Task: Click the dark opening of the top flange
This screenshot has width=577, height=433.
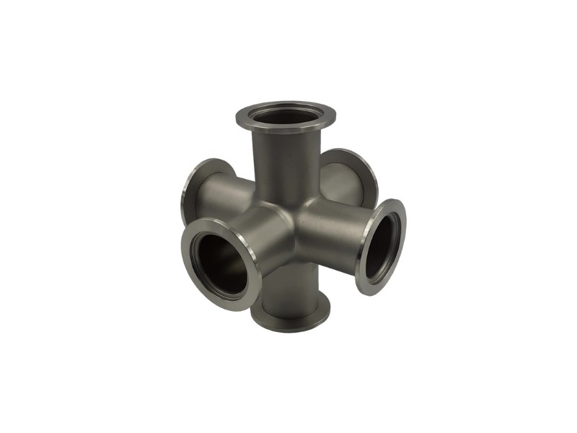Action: [286, 116]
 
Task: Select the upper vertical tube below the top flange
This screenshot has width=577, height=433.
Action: [285, 166]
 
